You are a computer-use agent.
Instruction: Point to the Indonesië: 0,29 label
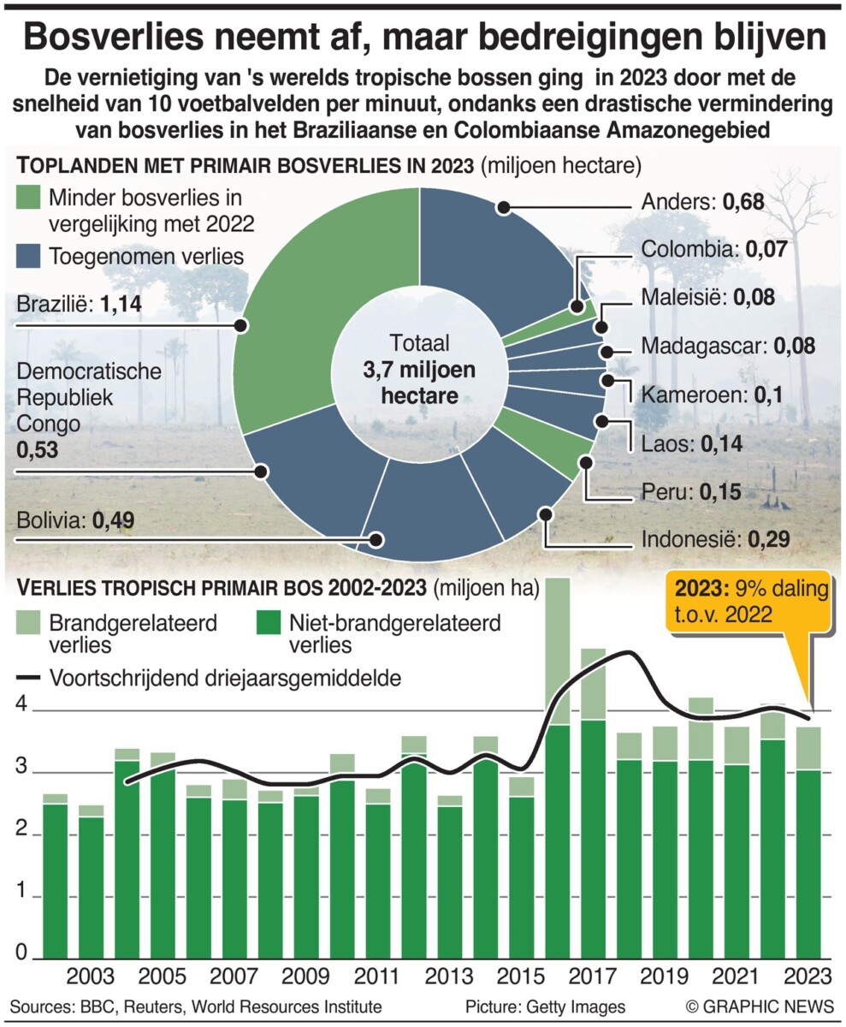709,539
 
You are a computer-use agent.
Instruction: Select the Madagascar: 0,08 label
727,347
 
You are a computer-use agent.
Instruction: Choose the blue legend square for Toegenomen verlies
29,255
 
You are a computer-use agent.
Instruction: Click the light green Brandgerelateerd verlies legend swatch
29,622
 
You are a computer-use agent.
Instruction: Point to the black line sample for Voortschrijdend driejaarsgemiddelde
29,678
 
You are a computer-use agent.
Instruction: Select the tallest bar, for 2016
559,770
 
